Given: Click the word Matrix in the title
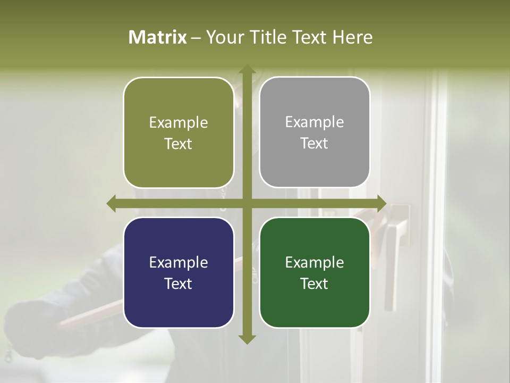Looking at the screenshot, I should click(158, 37).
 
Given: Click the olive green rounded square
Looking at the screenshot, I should click(178, 132).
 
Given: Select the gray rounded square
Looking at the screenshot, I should click(314, 132).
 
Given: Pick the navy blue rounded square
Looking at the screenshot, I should click(178, 272).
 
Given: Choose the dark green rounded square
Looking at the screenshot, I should click(314, 272).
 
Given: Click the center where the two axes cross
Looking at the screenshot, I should click(247, 203).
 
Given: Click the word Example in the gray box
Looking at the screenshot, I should click(314, 122).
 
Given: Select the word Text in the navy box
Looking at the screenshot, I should click(178, 284).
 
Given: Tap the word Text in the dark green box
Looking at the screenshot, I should click(314, 284).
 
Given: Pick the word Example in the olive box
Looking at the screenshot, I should click(178, 122).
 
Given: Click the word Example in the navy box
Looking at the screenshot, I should click(178, 262).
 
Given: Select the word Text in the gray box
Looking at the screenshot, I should click(314, 143).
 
